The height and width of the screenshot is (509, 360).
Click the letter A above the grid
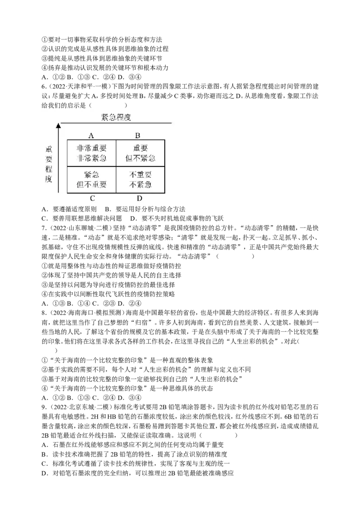[91, 135]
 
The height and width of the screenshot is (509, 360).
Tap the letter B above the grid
[138, 135]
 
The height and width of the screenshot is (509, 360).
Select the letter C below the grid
[92, 198]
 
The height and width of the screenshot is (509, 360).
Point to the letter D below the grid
[139, 198]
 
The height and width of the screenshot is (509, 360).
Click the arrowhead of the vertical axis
[58, 125]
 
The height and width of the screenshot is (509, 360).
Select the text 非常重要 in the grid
[92, 148]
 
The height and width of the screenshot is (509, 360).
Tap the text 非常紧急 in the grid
[92, 158]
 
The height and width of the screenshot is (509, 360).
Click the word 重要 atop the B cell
[140, 148]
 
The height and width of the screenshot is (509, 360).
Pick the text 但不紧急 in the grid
[140, 158]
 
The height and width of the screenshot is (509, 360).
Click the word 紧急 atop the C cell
[92, 175]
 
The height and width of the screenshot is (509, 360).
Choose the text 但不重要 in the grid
[92, 184]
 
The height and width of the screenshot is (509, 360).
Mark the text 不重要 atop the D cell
[140, 175]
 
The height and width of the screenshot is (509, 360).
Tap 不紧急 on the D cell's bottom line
[140, 184]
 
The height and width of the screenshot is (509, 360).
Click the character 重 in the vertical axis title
[49, 150]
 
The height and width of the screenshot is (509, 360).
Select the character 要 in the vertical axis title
[49, 160]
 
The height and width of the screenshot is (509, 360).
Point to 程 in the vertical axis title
[49, 170]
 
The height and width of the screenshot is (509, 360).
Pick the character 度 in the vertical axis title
[49, 179]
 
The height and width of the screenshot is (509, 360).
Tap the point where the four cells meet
[116, 166]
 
